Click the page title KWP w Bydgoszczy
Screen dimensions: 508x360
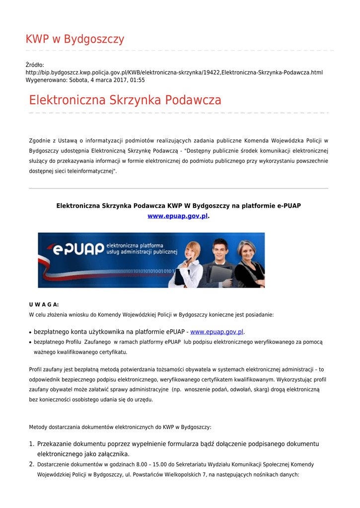tap(75, 39)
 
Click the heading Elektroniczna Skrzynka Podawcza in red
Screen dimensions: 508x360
tap(125, 100)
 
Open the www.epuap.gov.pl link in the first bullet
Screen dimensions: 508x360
tap(217, 332)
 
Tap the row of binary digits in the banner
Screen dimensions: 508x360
tap(149, 271)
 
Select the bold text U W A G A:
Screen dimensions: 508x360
tap(44, 305)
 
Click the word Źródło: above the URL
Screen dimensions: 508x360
tap(35, 65)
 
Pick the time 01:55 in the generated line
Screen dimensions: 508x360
tap(138, 80)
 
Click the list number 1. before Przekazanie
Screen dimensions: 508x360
tap(31, 444)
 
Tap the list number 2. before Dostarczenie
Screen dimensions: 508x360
tap(31, 464)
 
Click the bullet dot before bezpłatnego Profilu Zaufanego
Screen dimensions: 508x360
tap(31, 342)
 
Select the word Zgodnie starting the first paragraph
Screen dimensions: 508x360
tap(40, 141)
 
